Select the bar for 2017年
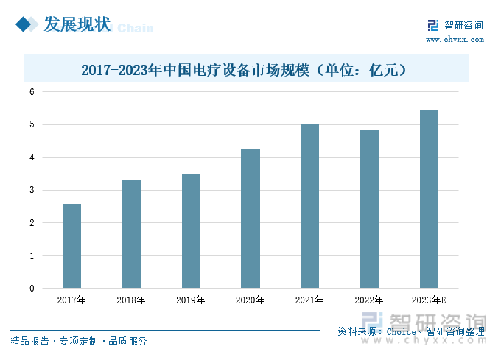[71, 246]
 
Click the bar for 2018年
[131, 233]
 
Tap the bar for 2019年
[191, 231]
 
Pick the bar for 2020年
[251, 218]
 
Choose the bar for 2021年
[309, 205]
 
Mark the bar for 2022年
[369, 209]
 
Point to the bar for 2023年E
[429, 199]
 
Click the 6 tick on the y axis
[32, 92]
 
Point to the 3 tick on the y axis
[32, 191]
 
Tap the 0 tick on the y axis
[32, 289]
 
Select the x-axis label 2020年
[251, 300]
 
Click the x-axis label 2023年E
[429, 300]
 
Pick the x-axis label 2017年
[71, 300]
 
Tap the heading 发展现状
[77, 25]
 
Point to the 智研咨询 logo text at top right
[464, 26]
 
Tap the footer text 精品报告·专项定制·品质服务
[79, 341]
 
